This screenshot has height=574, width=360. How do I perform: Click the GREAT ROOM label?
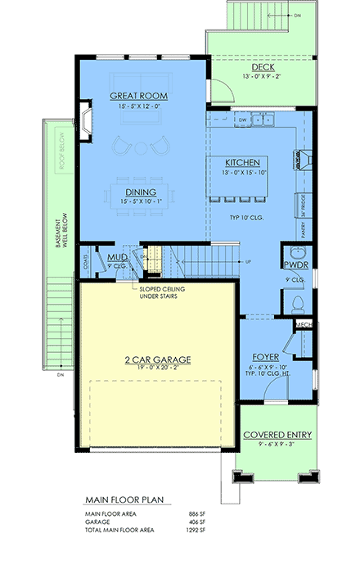[x=139, y=96]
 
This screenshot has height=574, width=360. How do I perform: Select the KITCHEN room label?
[x=244, y=162]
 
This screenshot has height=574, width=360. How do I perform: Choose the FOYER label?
[x=267, y=358]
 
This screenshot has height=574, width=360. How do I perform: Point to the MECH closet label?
[x=303, y=325]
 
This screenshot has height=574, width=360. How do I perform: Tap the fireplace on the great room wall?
[x=86, y=116]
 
